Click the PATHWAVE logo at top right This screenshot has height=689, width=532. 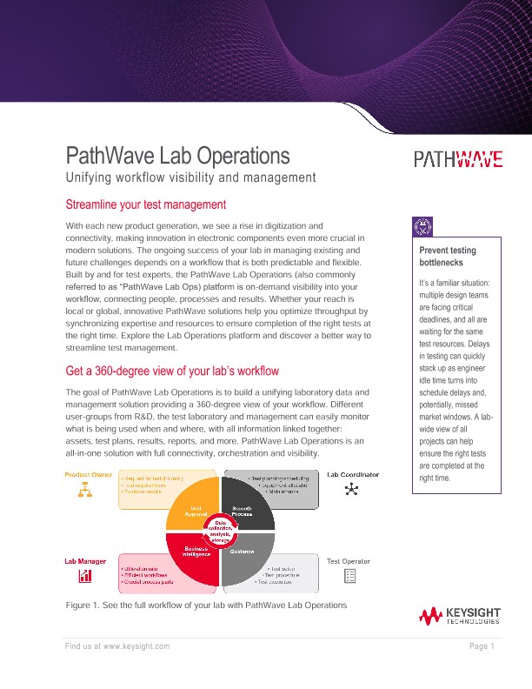tap(457, 158)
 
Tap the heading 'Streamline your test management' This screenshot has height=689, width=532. tap(146, 205)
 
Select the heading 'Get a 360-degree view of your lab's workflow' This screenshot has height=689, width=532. tap(172, 371)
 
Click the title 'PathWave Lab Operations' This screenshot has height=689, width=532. tap(177, 157)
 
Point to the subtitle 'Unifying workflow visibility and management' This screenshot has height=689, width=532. tap(190, 178)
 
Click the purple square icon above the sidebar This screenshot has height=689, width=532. tap(427, 226)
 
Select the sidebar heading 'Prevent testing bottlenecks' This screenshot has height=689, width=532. tap(448, 257)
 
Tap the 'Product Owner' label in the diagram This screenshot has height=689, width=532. tap(89, 474)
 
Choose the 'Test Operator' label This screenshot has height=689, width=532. tap(349, 561)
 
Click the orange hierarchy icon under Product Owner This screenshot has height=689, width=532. tap(86, 492)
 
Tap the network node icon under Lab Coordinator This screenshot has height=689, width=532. tap(351, 492)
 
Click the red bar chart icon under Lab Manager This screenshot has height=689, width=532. tap(86, 577)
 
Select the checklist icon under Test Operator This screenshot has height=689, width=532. tap(350, 576)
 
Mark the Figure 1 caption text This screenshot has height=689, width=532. tap(206, 605)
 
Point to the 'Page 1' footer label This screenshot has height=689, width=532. tap(482, 646)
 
